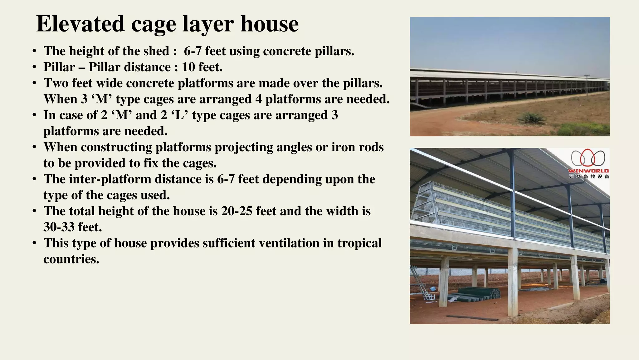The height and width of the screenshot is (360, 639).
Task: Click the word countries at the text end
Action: [x=71, y=259]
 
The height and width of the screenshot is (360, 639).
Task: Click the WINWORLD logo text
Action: [x=588, y=171]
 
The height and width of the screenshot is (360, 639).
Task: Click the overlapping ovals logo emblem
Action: [x=588, y=158]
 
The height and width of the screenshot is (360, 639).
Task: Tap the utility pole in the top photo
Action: [x=587, y=84]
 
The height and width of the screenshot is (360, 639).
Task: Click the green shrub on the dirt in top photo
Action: [x=531, y=118]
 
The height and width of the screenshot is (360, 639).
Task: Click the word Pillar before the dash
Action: [x=59, y=67]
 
